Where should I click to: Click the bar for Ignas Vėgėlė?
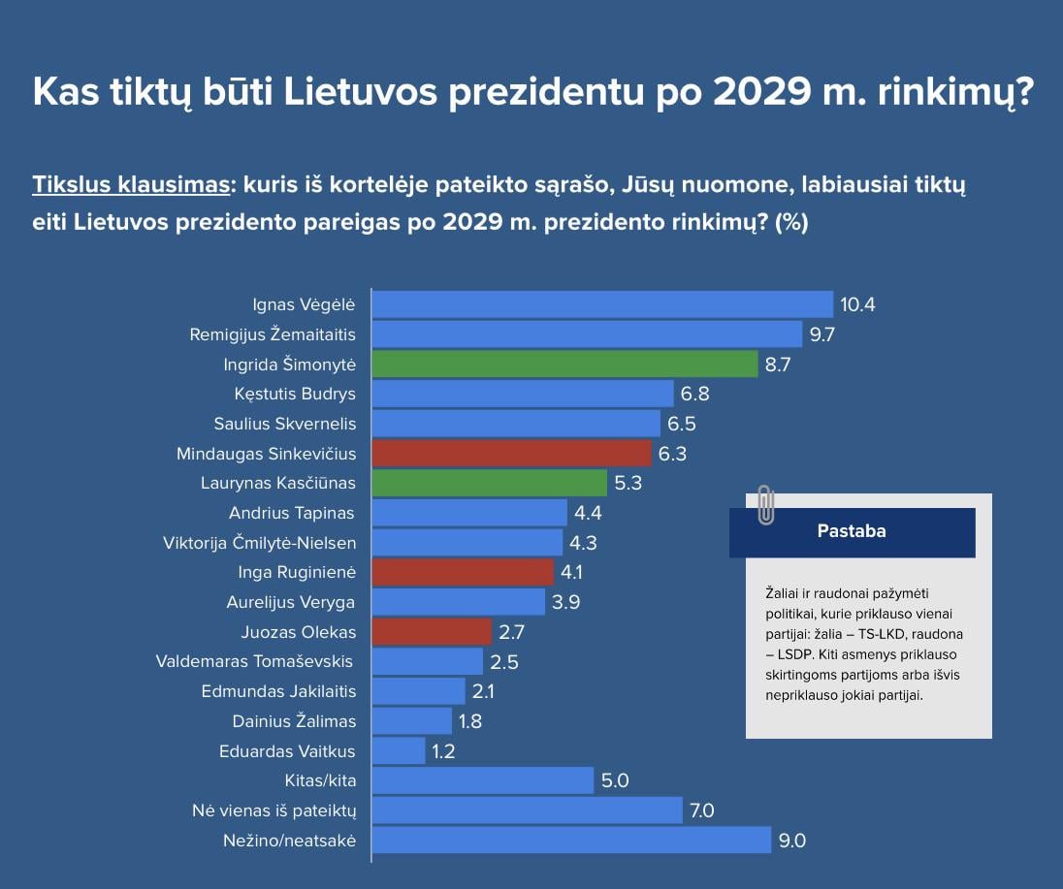pyautogui.click(x=601, y=304)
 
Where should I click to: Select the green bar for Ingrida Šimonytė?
pyautogui.click(x=564, y=365)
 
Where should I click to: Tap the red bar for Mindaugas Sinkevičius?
pyautogui.click(x=511, y=454)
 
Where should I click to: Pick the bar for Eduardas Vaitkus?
pyautogui.click(x=399, y=751)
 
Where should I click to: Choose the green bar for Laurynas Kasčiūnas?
pyautogui.click(x=489, y=483)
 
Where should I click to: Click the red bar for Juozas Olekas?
pyautogui.click(x=432, y=632)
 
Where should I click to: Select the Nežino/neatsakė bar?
pyautogui.click(x=571, y=841)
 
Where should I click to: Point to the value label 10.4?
pyautogui.click(x=857, y=305)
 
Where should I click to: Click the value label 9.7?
pyautogui.click(x=822, y=335)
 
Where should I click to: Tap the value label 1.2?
pyautogui.click(x=443, y=751)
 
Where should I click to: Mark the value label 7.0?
pyautogui.click(x=700, y=810)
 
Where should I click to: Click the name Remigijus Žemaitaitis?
pyautogui.click(x=273, y=335)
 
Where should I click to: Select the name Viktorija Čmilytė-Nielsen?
pyautogui.click(x=259, y=543)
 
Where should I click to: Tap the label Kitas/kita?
pyautogui.click(x=320, y=780)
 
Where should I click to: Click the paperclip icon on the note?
pyautogui.click(x=765, y=504)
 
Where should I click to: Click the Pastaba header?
pyautogui.click(x=852, y=531)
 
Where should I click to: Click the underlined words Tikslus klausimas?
pyautogui.click(x=129, y=185)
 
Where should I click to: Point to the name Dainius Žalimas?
pyautogui.click(x=294, y=721)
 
